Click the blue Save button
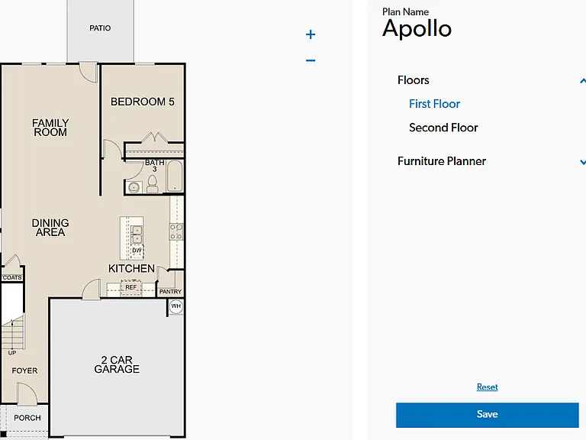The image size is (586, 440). (487, 415)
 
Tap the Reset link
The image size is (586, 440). (487, 387)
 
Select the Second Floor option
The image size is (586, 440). (443, 128)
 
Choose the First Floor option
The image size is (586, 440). (434, 104)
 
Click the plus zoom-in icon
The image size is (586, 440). (311, 34)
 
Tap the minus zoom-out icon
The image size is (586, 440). (311, 60)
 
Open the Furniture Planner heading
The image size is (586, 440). (441, 161)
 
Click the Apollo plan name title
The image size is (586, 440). (417, 28)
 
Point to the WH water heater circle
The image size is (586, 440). (176, 306)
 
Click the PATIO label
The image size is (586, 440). (100, 28)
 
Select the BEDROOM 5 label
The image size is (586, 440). (143, 102)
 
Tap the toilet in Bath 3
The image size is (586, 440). (152, 183)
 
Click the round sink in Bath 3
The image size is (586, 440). (134, 186)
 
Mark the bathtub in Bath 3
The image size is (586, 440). (175, 176)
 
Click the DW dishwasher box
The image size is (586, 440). (137, 251)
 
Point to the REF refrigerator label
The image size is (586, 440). (130, 287)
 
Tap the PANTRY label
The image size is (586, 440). (170, 292)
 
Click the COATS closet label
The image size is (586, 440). (12, 277)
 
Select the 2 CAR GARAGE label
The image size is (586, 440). (117, 364)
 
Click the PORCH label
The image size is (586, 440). (27, 418)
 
